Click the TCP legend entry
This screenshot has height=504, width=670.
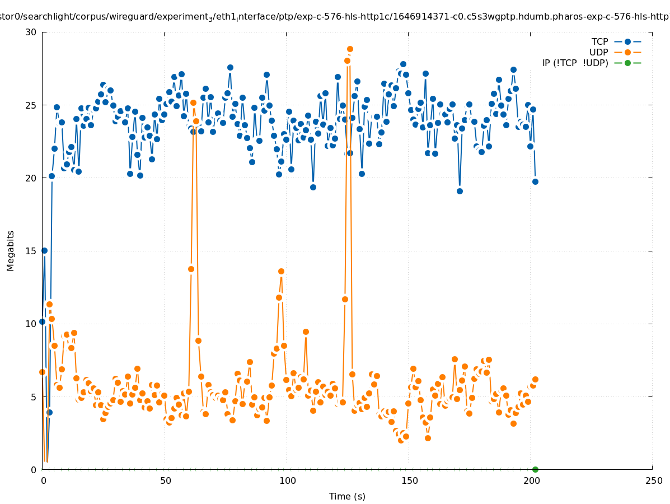tap(600, 41)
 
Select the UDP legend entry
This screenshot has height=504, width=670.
tap(599, 52)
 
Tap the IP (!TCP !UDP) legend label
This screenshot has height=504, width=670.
tap(575, 63)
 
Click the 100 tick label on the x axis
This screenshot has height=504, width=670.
tap(287, 480)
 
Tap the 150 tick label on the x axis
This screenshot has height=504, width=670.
tap(409, 480)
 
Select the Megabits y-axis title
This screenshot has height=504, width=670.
tap(11, 250)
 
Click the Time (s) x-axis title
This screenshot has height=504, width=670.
tap(347, 496)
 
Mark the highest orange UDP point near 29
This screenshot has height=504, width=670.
tap(350, 49)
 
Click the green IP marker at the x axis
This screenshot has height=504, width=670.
tap(535, 469)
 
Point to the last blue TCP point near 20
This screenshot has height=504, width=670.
tap(535, 181)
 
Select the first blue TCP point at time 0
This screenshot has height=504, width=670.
tap(42, 322)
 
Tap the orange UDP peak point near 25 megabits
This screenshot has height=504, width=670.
tap(193, 102)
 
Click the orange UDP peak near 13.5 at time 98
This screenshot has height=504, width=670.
tap(281, 272)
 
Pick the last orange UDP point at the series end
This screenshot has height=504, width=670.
tap(535, 379)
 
